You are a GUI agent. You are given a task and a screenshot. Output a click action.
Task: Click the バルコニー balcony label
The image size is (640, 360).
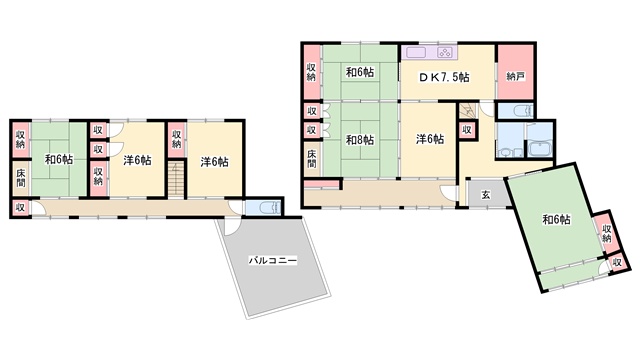[273, 260]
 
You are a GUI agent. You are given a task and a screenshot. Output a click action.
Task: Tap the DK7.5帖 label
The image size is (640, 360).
[444, 77]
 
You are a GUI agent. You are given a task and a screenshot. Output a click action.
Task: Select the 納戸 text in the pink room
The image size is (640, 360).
[516, 76]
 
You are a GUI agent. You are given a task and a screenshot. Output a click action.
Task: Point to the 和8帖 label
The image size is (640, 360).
[360, 140]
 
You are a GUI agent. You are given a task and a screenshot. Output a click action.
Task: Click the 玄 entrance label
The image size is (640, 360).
[486, 195]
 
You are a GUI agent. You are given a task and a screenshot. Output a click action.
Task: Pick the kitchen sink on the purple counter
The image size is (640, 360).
[416, 52]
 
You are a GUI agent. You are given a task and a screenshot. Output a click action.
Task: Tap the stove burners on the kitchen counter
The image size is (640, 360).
[445, 52]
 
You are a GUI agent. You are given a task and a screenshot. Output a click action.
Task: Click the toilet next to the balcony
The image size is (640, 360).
[270, 208]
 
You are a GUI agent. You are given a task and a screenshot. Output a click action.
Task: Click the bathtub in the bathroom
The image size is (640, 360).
[540, 149]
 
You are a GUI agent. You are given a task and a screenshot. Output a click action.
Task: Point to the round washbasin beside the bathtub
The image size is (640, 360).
[507, 153]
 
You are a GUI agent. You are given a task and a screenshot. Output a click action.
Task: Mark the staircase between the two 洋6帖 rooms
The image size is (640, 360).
[176, 179]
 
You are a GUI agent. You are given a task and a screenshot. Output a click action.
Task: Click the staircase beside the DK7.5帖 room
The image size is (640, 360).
[468, 110]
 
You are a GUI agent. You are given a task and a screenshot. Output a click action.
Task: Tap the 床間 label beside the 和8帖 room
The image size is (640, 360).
[311, 159]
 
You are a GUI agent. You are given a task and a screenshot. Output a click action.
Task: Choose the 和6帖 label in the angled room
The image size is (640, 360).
[556, 220]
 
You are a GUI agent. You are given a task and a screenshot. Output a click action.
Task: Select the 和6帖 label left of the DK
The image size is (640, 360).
[360, 72]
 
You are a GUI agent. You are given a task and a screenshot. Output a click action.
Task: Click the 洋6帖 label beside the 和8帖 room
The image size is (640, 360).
[430, 139]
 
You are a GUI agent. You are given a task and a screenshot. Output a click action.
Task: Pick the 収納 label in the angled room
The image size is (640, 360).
[607, 232]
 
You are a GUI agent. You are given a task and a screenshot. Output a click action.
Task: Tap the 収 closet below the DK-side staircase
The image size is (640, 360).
[467, 130]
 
